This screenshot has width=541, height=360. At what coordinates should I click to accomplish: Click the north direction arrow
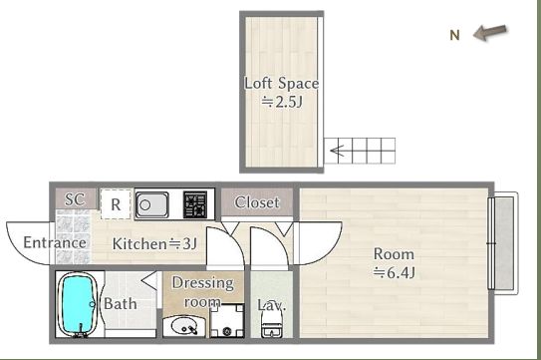[490, 33]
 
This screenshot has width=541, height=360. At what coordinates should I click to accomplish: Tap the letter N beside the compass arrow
[454, 35]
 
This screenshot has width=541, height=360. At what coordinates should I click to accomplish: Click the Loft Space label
[282, 83]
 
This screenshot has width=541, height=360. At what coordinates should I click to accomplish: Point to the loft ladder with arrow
[360, 151]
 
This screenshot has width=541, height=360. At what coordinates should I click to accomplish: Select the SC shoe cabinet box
[76, 199]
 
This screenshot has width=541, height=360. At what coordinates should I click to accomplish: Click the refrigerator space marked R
[116, 204]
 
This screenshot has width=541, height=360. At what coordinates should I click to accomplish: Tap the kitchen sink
[151, 204]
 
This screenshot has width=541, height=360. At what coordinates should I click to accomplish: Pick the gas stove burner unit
[195, 204]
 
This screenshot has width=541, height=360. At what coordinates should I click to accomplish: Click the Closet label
[257, 202]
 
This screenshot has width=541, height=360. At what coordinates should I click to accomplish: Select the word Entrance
[55, 242]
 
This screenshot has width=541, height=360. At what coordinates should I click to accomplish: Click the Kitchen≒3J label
[154, 244]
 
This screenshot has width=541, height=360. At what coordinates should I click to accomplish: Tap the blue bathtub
[78, 305]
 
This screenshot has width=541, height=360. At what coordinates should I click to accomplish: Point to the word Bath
[121, 304]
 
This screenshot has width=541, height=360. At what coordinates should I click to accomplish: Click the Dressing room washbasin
[184, 326]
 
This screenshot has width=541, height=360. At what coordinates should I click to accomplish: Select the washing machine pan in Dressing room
[227, 321]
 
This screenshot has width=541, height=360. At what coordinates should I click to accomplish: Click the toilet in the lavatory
[272, 323]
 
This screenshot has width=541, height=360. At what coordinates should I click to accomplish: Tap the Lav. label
[272, 305]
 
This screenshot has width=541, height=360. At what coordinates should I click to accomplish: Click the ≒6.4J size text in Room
[394, 273]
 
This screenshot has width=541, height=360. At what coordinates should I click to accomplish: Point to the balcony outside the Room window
[504, 243]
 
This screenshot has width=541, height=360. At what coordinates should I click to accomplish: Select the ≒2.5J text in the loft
[282, 102]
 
